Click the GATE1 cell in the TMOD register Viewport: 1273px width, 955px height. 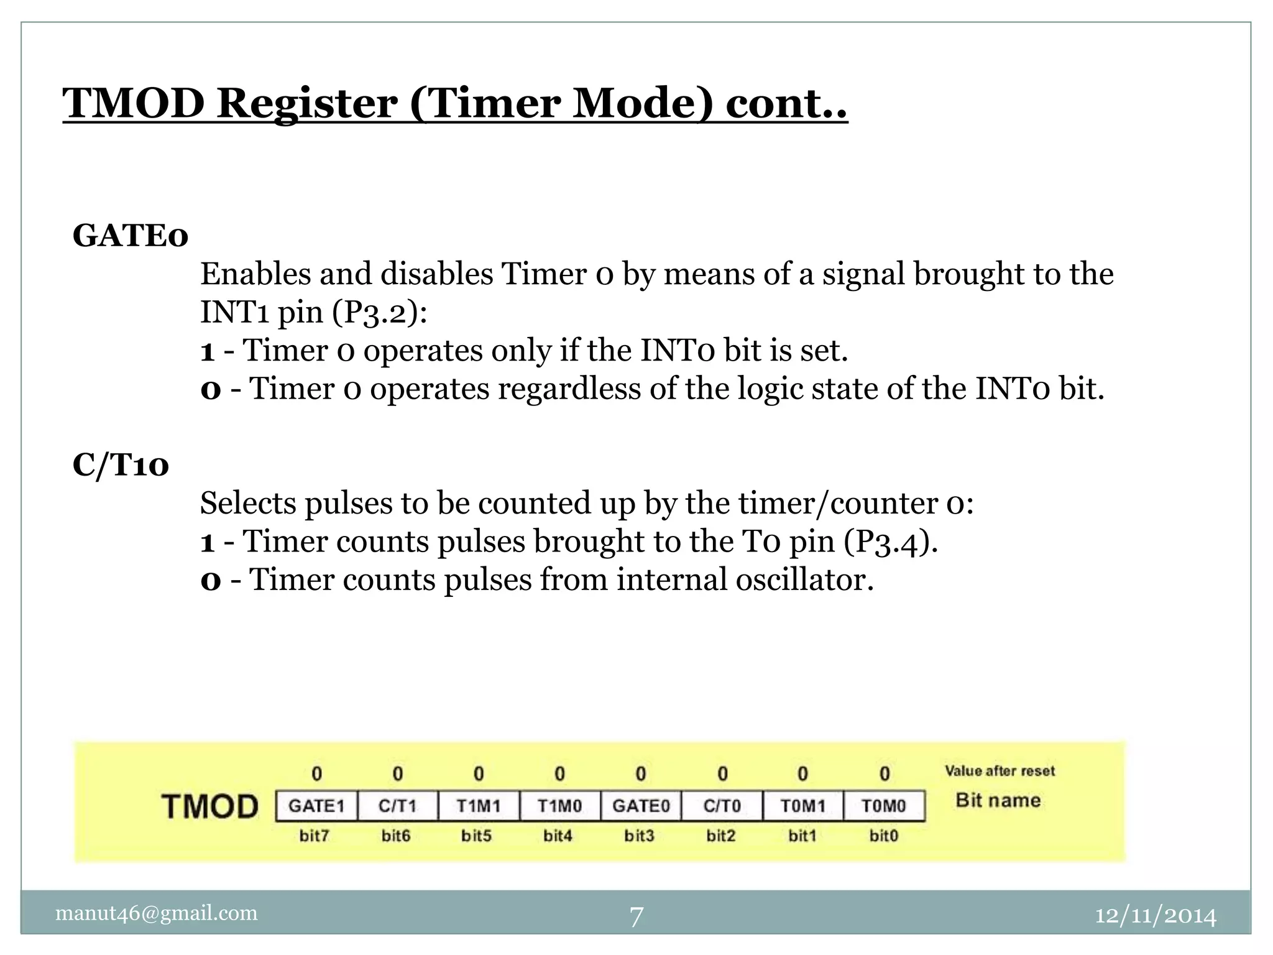[316, 806]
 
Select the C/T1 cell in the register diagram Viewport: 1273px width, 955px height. [398, 806]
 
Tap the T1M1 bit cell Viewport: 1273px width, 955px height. [479, 806]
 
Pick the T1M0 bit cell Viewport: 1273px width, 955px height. [559, 806]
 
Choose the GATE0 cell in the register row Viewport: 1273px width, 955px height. [641, 806]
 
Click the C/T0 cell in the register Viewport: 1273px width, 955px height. [722, 806]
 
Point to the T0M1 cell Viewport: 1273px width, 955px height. [803, 806]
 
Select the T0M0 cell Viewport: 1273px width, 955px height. [884, 806]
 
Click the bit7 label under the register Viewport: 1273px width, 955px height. [315, 836]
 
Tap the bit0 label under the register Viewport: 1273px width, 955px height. [884, 836]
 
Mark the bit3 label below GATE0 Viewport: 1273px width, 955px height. [640, 836]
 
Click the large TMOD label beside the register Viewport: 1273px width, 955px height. [210, 806]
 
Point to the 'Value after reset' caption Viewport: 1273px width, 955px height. [1000, 771]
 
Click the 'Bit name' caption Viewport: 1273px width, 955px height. [998, 800]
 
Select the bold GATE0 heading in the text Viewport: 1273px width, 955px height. [131, 236]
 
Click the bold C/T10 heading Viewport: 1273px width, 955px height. [121, 465]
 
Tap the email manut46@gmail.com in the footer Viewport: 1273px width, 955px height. [157, 913]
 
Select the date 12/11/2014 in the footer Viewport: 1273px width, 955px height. [1155, 916]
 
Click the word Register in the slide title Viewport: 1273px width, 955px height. [306, 103]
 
